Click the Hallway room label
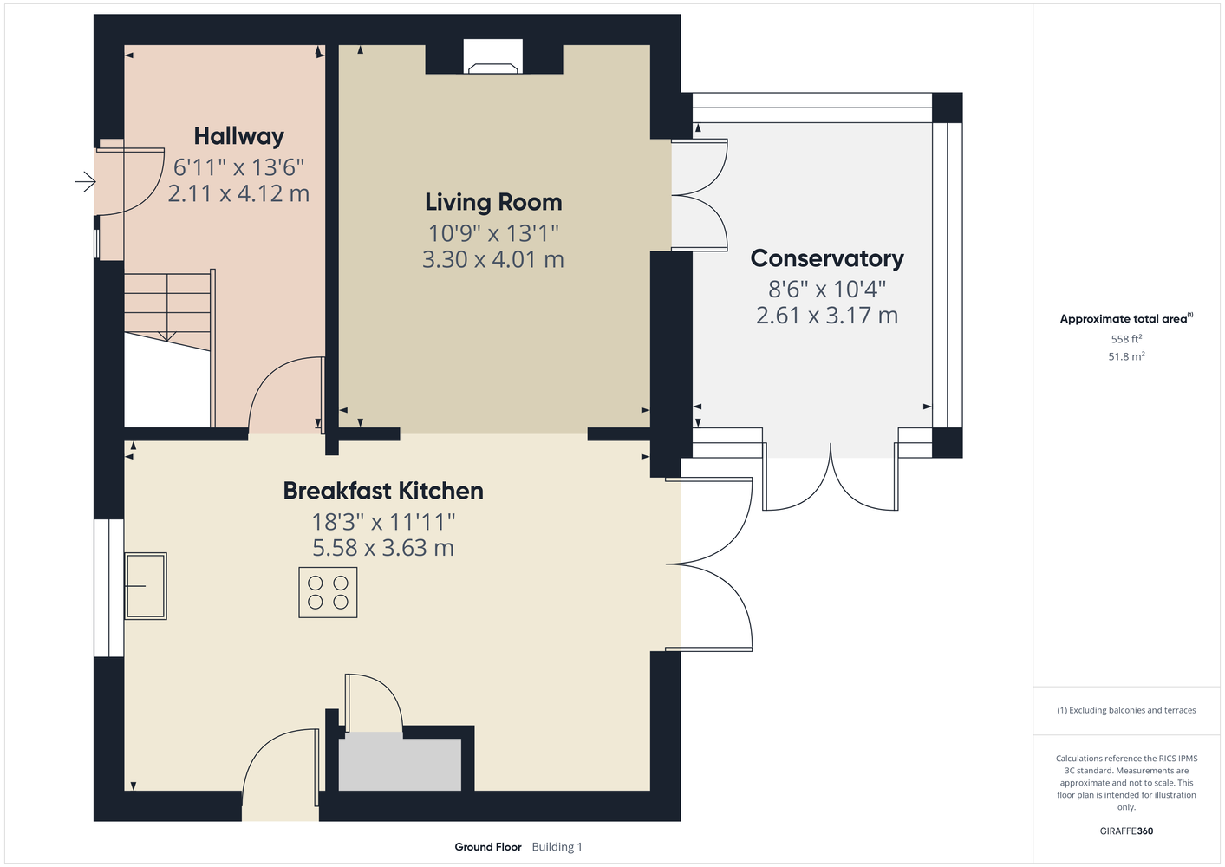(239, 137)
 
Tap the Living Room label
(493, 202)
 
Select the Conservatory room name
(827, 258)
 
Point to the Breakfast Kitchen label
(383, 491)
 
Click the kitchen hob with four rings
(328, 592)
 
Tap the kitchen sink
(146, 586)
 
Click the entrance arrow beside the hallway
(85, 181)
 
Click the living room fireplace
(493, 56)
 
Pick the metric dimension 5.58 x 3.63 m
(383, 548)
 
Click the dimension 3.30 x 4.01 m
(493, 259)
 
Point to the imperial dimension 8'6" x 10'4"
(827, 290)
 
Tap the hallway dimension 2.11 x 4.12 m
(238, 193)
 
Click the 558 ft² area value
(1126, 339)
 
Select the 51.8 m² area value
(1126, 356)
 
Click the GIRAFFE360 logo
(1126, 831)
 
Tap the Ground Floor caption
(488, 847)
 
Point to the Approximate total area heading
(1126, 319)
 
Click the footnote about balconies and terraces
(1126, 710)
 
